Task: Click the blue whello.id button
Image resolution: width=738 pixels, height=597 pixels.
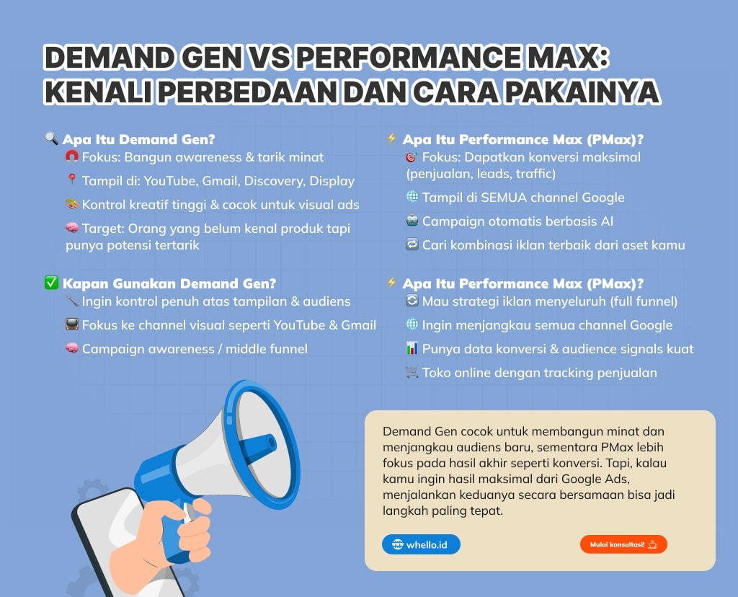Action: [421, 544]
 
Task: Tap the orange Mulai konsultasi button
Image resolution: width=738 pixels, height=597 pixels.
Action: [623, 544]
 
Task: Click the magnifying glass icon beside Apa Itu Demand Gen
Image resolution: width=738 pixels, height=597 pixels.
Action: [51, 138]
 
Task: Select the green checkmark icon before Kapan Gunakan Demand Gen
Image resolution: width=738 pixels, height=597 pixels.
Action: [51, 283]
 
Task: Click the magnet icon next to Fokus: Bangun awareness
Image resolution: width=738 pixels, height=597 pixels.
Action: [71, 156]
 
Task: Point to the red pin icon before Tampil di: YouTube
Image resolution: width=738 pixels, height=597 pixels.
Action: [71, 180]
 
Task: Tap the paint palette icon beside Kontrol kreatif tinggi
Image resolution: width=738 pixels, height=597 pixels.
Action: [71, 204]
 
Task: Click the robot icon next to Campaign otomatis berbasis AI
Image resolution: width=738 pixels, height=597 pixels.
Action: [412, 221]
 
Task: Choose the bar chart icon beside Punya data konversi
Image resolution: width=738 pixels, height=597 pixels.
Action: [412, 348]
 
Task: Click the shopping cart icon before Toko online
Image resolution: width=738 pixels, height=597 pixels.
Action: [412, 372]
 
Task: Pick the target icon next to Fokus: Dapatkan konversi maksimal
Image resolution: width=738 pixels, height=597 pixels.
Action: [412, 156]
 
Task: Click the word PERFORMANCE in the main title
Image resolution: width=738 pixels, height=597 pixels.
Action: [409, 57]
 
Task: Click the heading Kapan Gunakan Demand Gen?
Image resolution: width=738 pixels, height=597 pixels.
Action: [169, 283]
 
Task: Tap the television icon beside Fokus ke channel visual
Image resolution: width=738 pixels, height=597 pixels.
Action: [71, 324]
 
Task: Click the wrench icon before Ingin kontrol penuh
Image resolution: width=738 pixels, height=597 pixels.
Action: [71, 300]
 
